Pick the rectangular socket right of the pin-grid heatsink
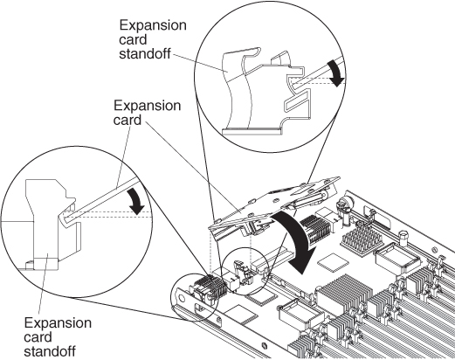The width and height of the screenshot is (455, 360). pyautogui.click(x=392, y=259)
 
